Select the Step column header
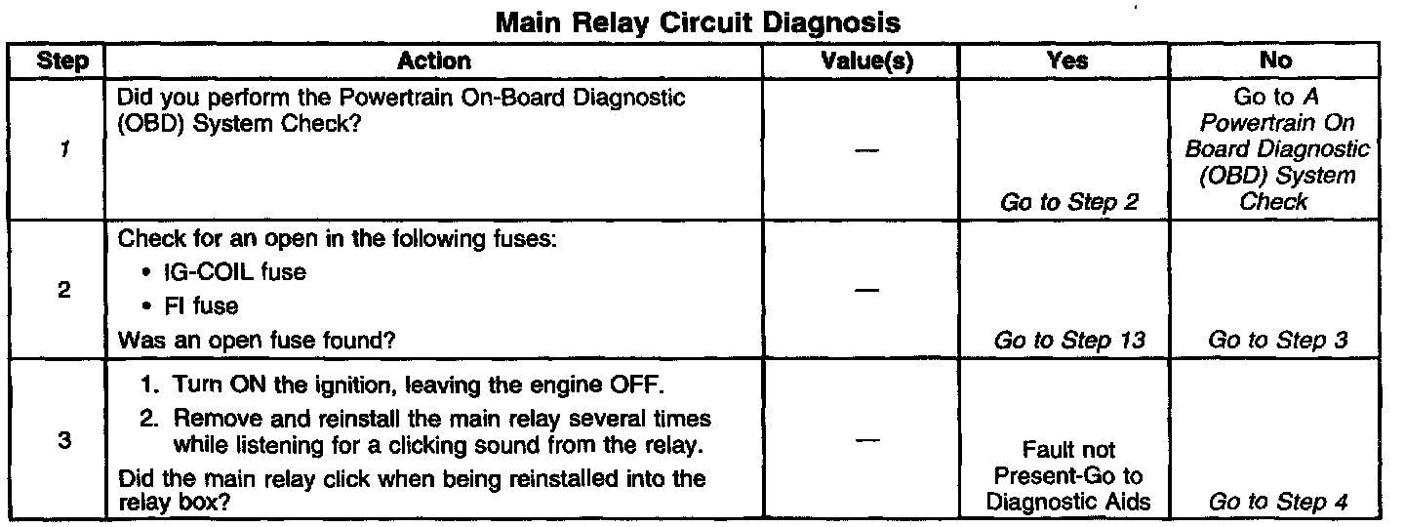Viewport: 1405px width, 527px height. (61, 61)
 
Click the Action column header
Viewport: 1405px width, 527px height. (434, 61)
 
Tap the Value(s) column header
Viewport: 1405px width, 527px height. (866, 61)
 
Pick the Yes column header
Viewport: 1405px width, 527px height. (1066, 61)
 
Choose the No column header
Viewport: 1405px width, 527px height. (1276, 61)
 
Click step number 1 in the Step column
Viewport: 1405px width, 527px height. (61, 150)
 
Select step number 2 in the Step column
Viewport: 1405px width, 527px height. (61, 290)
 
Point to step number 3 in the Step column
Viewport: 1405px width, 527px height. (61, 440)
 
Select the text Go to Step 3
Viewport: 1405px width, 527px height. (1278, 341)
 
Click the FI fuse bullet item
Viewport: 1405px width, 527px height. (195, 305)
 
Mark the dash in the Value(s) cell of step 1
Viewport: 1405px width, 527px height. (865, 149)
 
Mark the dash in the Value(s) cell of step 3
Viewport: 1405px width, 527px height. (865, 441)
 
